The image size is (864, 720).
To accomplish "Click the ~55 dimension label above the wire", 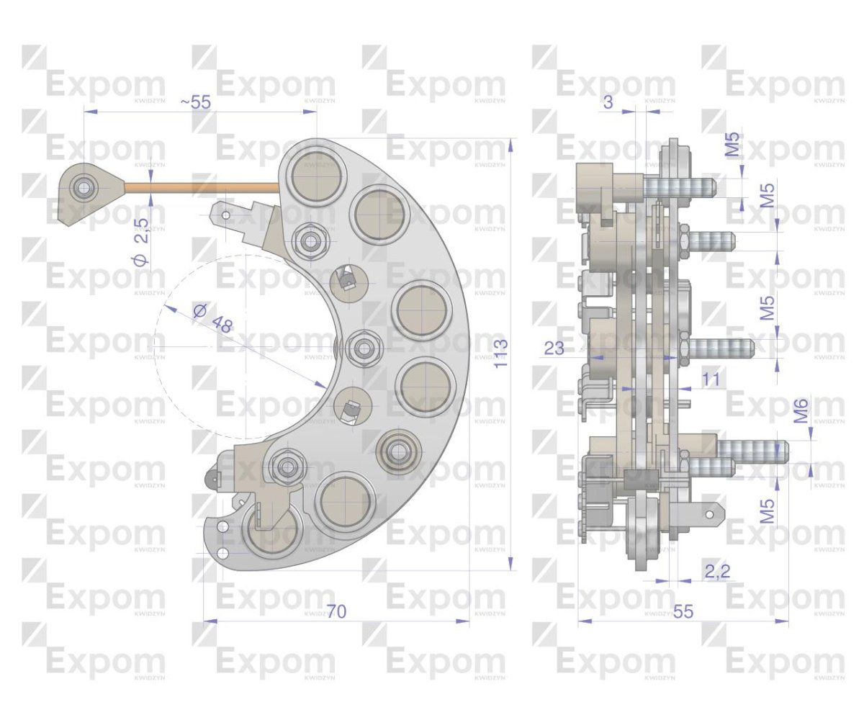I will (x=196, y=102).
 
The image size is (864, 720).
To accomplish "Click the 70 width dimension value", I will (x=336, y=612).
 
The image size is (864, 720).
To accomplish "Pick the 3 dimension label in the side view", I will (x=608, y=102).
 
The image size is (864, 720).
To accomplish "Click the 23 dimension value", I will (x=554, y=349).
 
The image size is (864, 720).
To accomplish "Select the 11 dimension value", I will (x=711, y=379).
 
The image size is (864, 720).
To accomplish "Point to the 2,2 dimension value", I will (x=717, y=572).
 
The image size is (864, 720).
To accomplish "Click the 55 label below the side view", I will (x=683, y=612).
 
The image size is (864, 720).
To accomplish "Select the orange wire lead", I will (x=202, y=187).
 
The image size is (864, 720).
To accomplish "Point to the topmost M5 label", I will (x=732, y=145).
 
